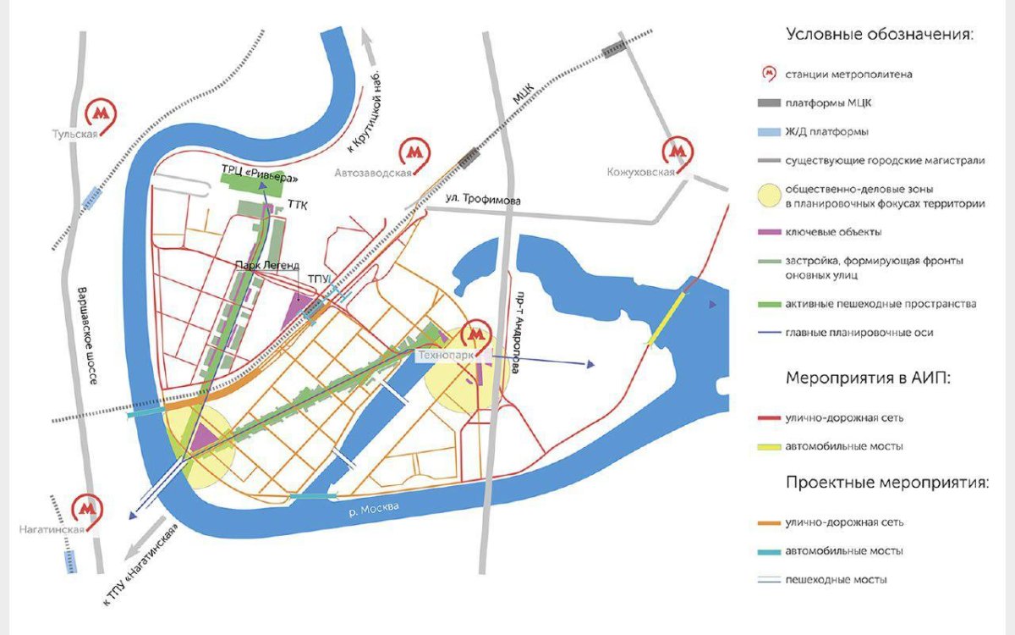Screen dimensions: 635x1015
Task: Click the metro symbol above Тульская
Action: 102,113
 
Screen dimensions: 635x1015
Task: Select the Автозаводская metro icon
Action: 414,152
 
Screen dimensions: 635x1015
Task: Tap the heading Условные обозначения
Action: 880,35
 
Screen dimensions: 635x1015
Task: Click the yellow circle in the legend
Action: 768,197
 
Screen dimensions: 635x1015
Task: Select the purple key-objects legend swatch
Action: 768,231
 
